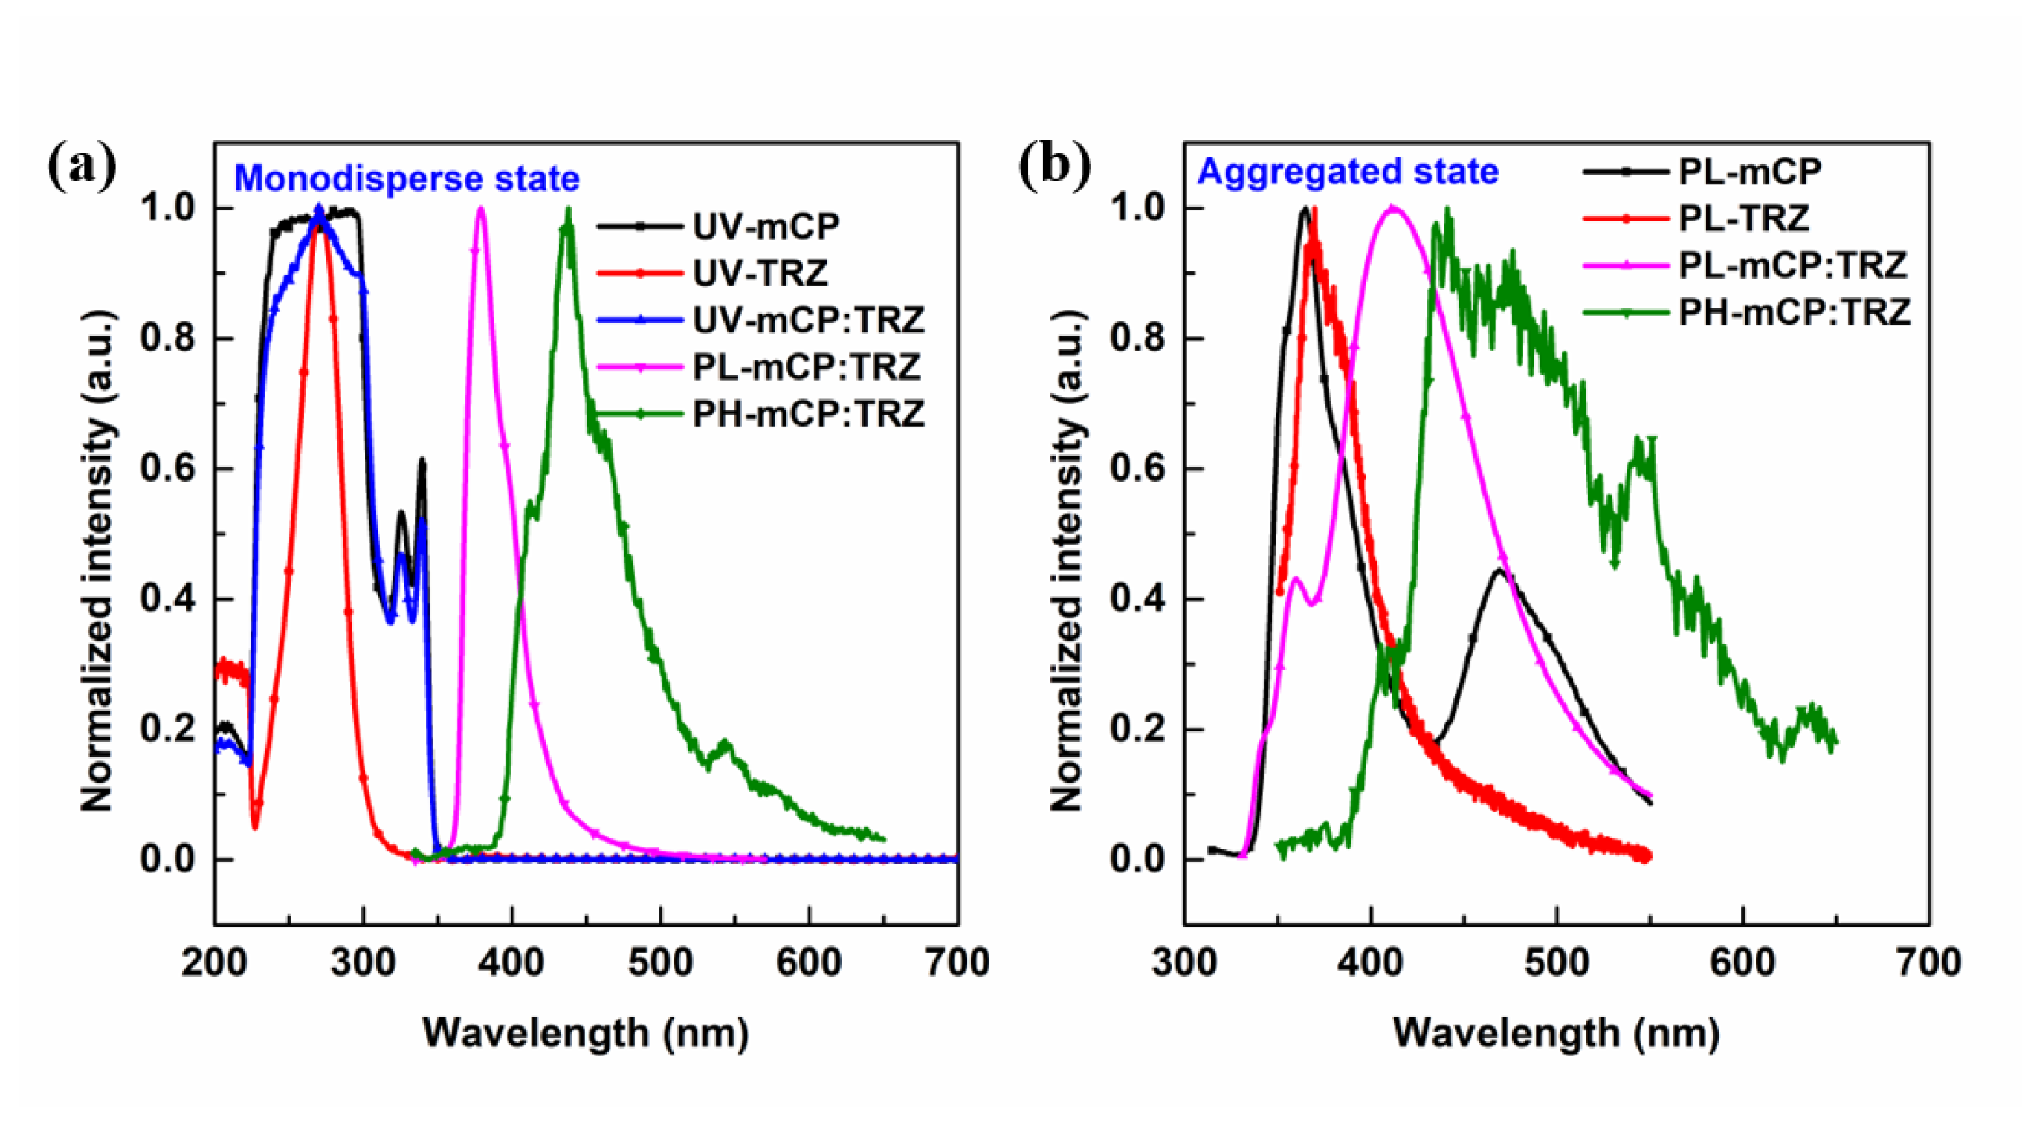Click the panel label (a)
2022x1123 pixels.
coord(82,167)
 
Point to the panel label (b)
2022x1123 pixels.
coord(1054,167)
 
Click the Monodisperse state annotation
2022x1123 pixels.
coord(407,179)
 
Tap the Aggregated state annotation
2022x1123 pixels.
coord(1347,172)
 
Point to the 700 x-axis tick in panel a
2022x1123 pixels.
coord(957,962)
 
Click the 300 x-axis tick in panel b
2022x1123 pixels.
coord(1184,962)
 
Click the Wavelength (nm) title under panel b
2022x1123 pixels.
coord(1556,1033)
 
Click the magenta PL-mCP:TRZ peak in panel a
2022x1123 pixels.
coord(480,210)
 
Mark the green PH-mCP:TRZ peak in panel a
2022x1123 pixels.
coord(568,210)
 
